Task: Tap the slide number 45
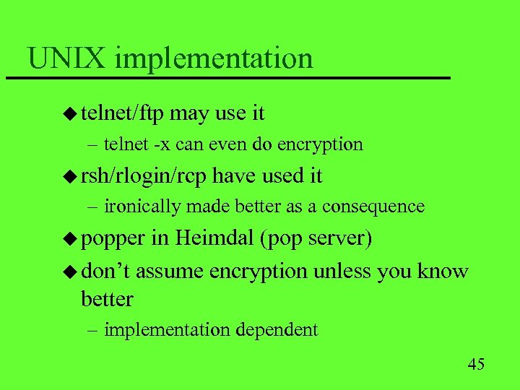(x=476, y=363)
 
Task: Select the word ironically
(x=142, y=207)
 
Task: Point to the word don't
(x=105, y=271)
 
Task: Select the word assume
(x=170, y=272)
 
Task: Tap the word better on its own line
(x=108, y=298)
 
